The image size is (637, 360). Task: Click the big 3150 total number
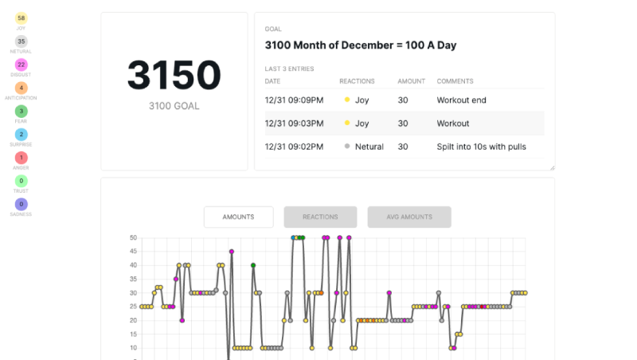(x=174, y=76)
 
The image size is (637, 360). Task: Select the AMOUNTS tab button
(x=238, y=217)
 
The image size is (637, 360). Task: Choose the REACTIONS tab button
(x=320, y=217)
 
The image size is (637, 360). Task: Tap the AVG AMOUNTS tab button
(x=409, y=217)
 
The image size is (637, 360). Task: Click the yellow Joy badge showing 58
(x=21, y=18)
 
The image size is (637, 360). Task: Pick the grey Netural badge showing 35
(x=21, y=41)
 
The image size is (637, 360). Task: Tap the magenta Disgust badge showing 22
(x=21, y=65)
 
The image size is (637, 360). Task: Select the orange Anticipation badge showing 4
(x=21, y=88)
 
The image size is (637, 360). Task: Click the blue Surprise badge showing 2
(x=21, y=135)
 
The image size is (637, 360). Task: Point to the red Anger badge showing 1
(x=21, y=158)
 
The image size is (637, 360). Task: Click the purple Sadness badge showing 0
(x=21, y=205)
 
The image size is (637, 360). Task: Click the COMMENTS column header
(x=455, y=81)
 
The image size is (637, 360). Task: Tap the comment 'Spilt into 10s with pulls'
(x=481, y=147)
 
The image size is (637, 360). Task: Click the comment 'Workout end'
(x=461, y=100)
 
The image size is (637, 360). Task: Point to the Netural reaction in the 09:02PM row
(x=369, y=147)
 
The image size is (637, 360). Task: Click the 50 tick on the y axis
(x=133, y=237)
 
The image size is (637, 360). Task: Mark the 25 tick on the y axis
(x=133, y=307)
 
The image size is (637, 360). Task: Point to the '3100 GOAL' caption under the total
(x=174, y=106)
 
